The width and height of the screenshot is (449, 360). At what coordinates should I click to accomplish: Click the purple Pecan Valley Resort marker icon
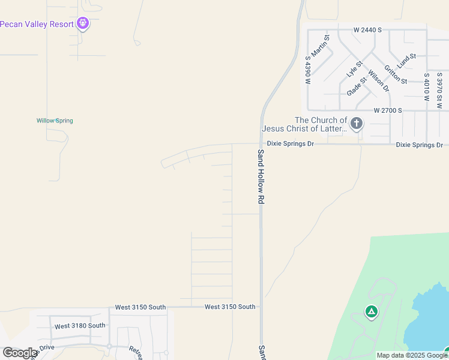click(83, 24)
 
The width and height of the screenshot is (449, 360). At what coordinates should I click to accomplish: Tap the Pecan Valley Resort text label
click(37, 24)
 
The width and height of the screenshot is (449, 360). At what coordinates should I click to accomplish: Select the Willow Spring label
click(55, 121)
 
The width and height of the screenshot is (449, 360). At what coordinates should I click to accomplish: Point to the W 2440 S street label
click(367, 29)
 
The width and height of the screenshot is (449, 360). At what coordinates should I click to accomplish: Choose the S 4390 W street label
click(308, 70)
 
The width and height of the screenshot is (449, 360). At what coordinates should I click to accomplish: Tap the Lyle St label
click(355, 68)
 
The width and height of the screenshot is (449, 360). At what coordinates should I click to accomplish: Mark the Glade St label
click(357, 86)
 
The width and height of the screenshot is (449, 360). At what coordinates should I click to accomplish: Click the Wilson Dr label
click(379, 81)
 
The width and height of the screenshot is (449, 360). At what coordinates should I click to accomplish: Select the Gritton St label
click(396, 74)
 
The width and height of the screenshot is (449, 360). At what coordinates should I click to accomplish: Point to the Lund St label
click(406, 61)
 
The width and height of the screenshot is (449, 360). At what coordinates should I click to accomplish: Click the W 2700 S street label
click(387, 111)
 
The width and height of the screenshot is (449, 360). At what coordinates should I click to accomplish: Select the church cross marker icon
click(357, 124)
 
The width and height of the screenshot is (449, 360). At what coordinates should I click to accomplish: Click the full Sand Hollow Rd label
click(261, 177)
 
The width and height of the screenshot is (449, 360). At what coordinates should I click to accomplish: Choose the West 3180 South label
click(80, 326)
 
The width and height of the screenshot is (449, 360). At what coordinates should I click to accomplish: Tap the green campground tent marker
click(372, 311)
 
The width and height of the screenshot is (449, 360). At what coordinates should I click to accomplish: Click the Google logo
click(20, 353)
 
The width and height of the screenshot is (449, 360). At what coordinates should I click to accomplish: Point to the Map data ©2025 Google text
click(412, 355)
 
